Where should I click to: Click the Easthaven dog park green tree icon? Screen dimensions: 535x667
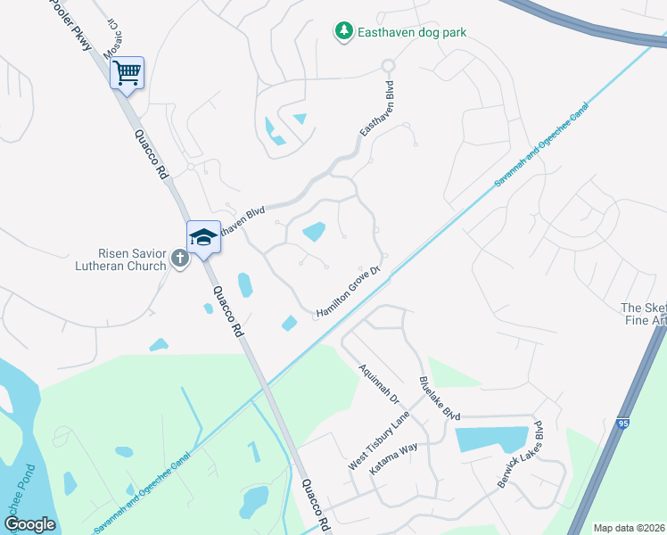(343, 32)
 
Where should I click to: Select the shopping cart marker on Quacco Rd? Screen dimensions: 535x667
(128, 72)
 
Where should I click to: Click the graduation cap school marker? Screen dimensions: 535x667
(203, 237)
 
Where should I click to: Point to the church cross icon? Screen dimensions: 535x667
(179, 259)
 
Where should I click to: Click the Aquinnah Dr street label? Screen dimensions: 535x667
(378, 384)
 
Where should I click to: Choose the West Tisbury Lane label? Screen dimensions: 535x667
(378, 441)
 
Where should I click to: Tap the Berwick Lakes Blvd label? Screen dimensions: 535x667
(519, 454)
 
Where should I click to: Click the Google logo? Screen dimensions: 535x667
(29, 524)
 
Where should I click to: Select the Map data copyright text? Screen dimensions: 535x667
(630, 528)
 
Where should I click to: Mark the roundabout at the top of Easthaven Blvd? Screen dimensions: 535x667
(387, 65)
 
